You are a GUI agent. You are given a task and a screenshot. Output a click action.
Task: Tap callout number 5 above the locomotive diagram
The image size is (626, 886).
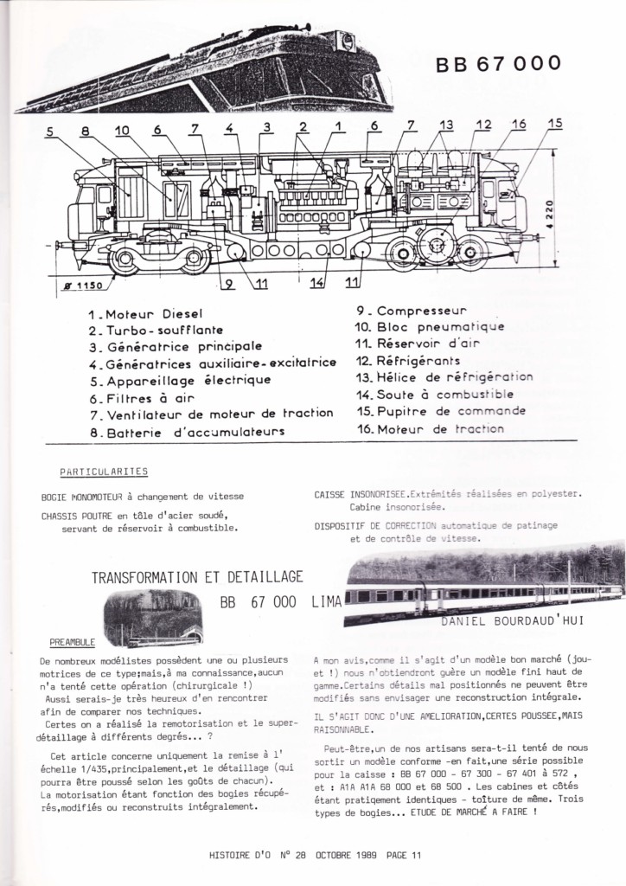(x=50, y=132)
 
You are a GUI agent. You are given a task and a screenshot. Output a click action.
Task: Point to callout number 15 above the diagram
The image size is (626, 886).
(x=554, y=124)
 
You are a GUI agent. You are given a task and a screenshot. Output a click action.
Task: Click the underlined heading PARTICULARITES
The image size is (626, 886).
(x=105, y=472)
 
